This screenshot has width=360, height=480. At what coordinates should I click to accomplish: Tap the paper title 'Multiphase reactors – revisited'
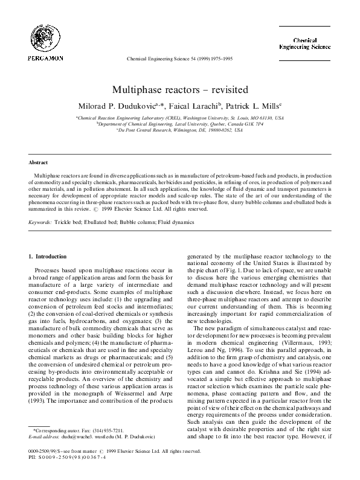coord(179,89)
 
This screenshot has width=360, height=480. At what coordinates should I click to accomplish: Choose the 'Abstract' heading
coord(38,163)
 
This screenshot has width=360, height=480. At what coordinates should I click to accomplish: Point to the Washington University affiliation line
coord(179,118)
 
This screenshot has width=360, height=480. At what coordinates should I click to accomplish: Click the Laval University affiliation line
coord(179,124)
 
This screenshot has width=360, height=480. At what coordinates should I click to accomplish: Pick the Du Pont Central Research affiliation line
coord(179,130)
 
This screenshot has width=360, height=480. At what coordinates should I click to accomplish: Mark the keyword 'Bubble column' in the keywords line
coord(140,222)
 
